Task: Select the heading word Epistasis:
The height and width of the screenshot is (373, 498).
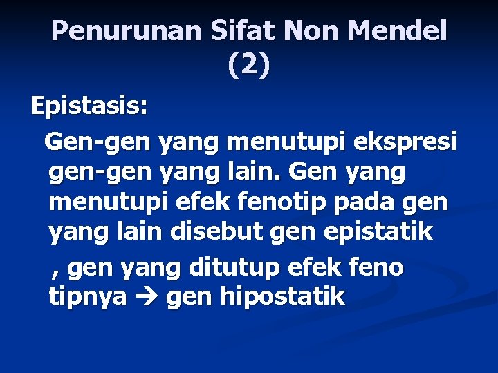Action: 89,108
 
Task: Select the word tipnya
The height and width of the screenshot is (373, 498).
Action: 88,297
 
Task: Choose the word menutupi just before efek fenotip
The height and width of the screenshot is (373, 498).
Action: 102,203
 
